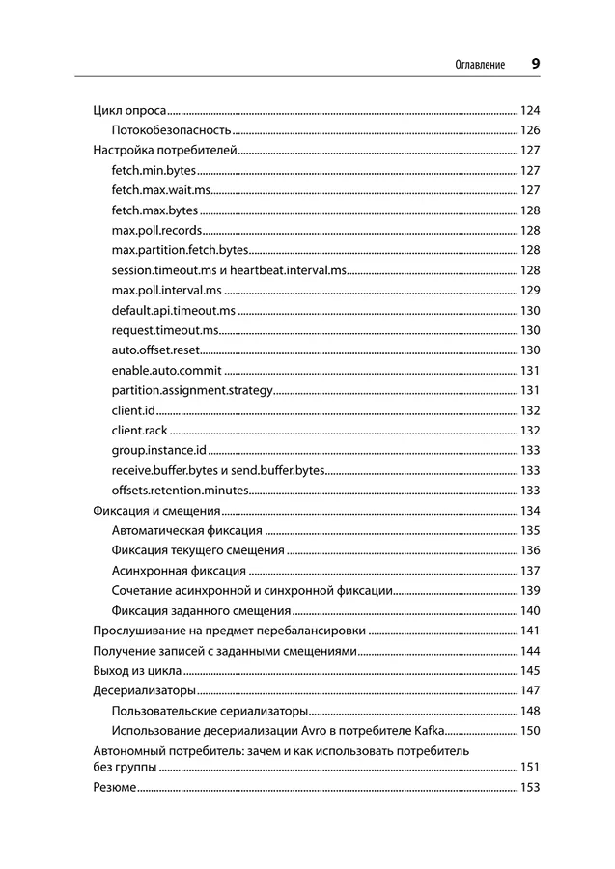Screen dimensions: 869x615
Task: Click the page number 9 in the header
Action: tap(535, 64)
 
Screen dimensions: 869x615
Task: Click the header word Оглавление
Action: tap(480, 65)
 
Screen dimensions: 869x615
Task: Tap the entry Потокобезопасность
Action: tap(171, 130)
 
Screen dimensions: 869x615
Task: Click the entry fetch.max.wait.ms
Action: tap(160, 190)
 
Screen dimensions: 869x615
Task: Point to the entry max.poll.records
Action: tap(156, 231)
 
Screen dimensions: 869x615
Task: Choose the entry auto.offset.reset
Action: tap(155, 350)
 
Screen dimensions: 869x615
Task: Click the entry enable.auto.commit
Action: tap(166, 371)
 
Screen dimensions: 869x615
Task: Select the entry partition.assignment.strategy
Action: tap(192, 391)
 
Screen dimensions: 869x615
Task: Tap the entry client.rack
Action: tap(139, 431)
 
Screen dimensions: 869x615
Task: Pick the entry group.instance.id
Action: tap(158, 451)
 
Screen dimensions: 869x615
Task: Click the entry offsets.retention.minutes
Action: tap(180, 491)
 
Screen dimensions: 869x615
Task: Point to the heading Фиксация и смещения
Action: tap(156, 511)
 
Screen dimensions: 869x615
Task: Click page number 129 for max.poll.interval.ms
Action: tap(529, 291)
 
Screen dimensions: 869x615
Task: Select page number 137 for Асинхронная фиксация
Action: tap(529, 571)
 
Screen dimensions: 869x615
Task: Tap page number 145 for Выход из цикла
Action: tap(529, 670)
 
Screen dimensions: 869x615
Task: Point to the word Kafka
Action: tap(428, 730)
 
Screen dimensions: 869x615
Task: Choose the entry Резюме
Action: tap(114, 788)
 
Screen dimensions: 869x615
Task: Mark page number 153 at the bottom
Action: tap(529, 788)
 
